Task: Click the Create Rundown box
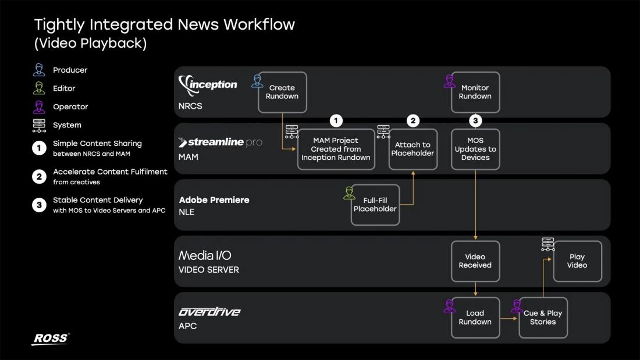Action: (x=282, y=92)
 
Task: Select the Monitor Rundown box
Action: (x=475, y=92)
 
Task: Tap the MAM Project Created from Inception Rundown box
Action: (x=336, y=149)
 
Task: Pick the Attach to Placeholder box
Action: (x=413, y=149)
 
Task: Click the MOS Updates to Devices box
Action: (x=475, y=149)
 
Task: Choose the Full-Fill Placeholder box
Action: (x=375, y=205)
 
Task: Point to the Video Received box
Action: (x=475, y=261)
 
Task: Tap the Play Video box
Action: (x=578, y=261)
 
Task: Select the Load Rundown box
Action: (x=475, y=318)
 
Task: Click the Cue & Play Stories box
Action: (x=543, y=318)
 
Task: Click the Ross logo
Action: (x=51, y=339)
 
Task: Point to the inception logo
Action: (x=208, y=85)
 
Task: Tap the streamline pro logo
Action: (x=221, y=142)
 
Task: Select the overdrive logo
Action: (x=209, y=312)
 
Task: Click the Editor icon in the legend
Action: (x=39, y=88)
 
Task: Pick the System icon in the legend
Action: (x=39, y=125)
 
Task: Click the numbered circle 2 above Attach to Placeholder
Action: (x=413, y=121)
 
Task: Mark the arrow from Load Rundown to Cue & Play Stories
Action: (x=509, y=318)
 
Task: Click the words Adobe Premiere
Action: (x=214, y=200)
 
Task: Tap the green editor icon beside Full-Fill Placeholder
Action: (x=349, y=193)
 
